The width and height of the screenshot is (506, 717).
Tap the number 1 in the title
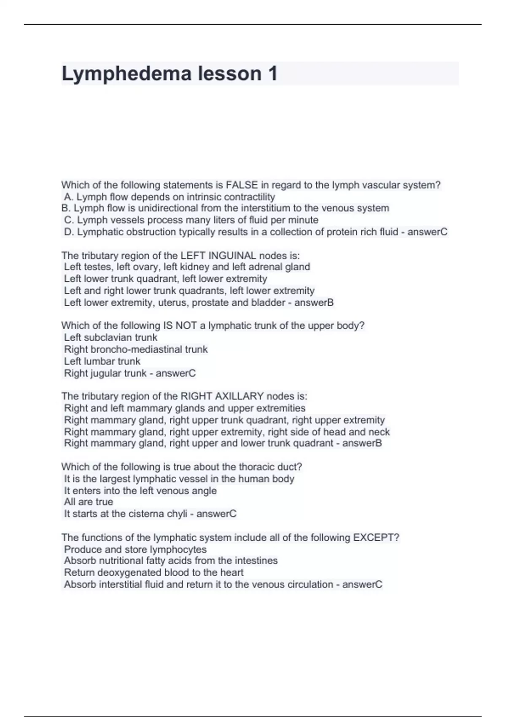click(272, 74)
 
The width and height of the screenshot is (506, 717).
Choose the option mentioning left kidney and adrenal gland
click(187, 267)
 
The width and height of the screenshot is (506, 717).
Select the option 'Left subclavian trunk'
click(110, 337)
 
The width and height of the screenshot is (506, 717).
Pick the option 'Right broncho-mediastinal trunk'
click(136, 349)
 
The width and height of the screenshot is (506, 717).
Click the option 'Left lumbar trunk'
click(102, 361)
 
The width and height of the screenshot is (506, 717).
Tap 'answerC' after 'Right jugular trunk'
click(176, 373)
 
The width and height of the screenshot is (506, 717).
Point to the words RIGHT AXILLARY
click(222, 396)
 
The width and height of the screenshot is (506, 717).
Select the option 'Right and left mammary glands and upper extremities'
click(185, 408)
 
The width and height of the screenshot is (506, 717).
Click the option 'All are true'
click(89, 502)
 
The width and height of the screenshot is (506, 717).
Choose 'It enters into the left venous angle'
click(140, 491)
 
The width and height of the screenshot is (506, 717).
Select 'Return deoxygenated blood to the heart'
click(154, 572)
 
